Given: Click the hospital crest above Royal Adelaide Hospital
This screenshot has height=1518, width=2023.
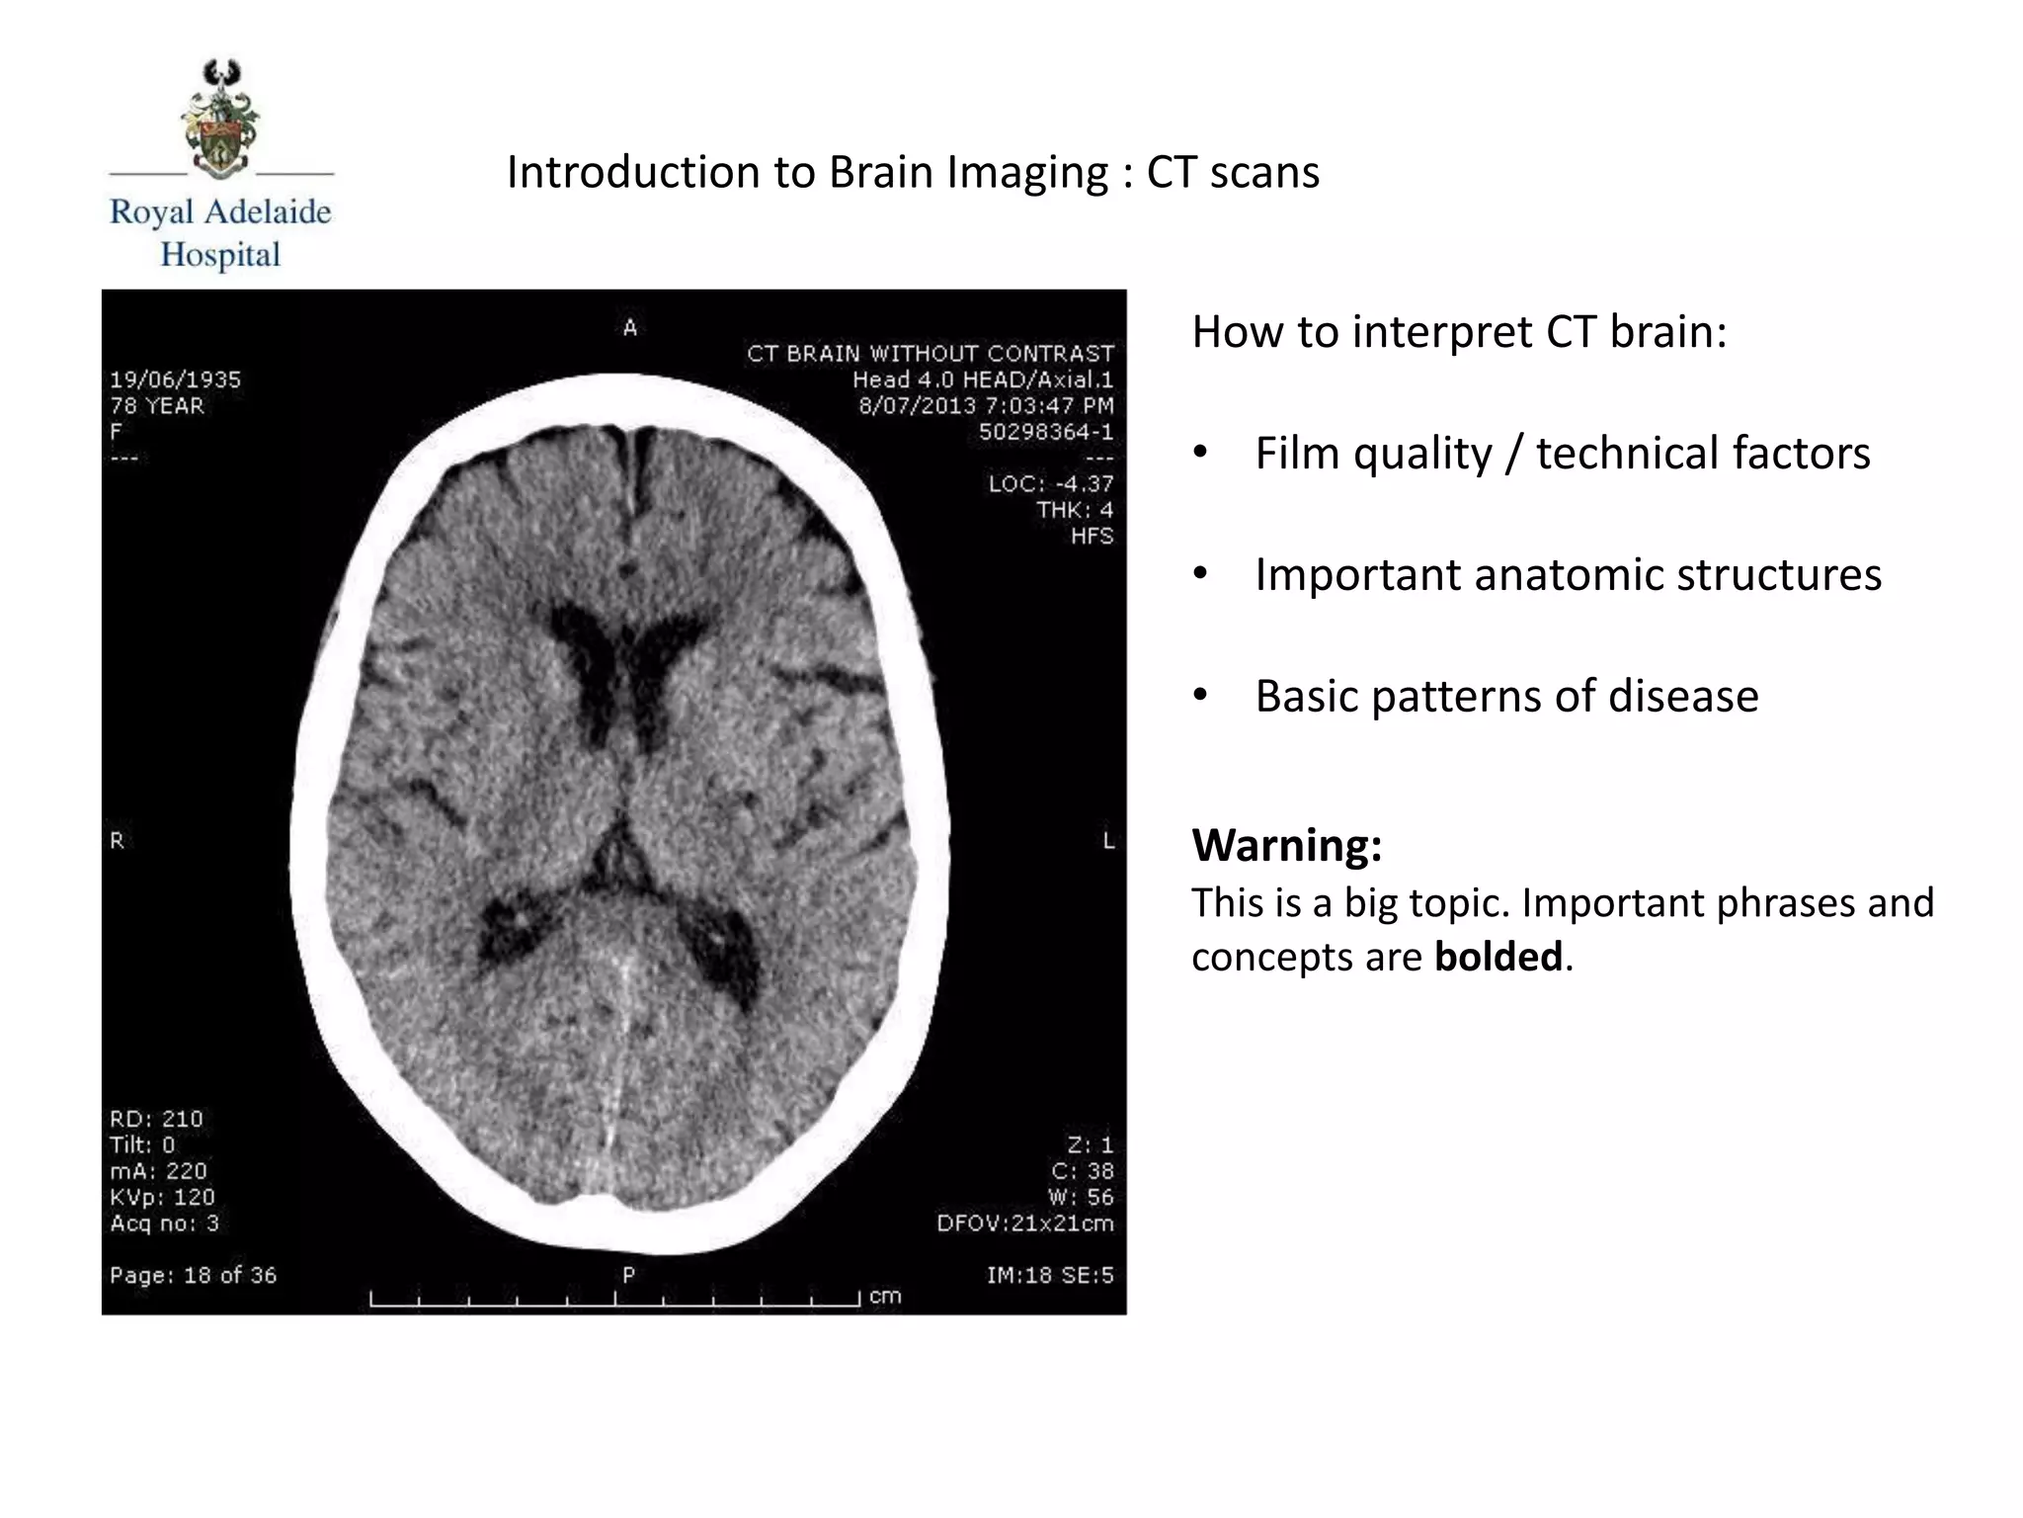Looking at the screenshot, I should pyautogui.click(x=221, y=118).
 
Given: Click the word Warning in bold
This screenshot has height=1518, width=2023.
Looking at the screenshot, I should pyautogui.click(x=1286, y=845).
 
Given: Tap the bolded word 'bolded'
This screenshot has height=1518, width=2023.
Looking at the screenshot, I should pyautogui.click(x=1498, y=957).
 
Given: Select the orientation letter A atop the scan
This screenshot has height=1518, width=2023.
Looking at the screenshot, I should pyautogui.click(x=630, y=328).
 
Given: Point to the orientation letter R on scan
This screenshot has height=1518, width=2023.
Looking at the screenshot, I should pyautogui.click(x=117, y=841).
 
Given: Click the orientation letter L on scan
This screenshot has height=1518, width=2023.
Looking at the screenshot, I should pyautogui.click(x=1108, y=841).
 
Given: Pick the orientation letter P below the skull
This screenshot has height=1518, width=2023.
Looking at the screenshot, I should pyautogui.click(x=628, y=1275).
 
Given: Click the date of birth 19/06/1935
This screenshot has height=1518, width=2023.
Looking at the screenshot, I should pyautogui.click(x=175, y=379).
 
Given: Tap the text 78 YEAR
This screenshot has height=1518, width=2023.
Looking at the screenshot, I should pyautogui.click(x=156, y=405).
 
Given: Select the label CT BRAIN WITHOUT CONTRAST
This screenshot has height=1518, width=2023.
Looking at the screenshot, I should pyautogui.click(x=930, y=354).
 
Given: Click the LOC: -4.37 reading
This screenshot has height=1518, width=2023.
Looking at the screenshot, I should pyautogui.click(x=1050, y=483).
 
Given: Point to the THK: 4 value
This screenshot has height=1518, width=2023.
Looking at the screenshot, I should pyautogui.click(x=1074, y=510).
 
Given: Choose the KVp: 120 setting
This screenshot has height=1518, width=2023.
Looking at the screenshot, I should pyautogui.click(x=162, y=1197).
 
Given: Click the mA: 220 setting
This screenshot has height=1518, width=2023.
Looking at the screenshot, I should pyautogui.click(x=158, y=1171).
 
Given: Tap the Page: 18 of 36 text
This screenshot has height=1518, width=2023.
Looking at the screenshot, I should pyautogui.click(x=193, y=1275).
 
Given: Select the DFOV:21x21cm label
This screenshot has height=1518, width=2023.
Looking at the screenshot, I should pyautogui.click(x=1024, y=1223).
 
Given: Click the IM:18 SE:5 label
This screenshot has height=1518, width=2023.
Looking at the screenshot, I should pyautogui.click(x=1049, y=1275).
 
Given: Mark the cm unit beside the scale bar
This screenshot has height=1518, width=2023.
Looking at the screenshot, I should pyautogui.click(x=885, y=1296).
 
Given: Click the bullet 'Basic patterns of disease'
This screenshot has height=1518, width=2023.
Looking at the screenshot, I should pyautogui.click(x=1506, y=696).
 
